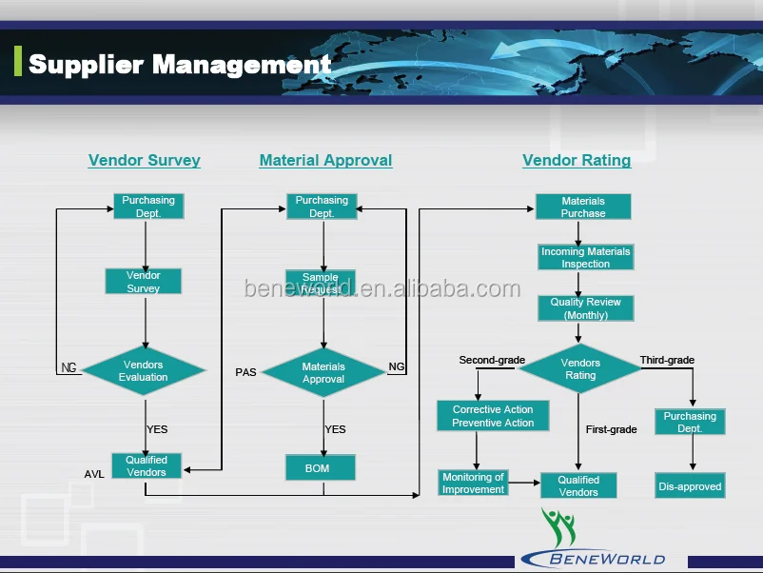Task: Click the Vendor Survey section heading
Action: (144, 160)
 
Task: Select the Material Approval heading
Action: (325, 160)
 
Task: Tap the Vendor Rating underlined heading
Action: (577, 160)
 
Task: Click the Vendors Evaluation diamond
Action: (144, 371)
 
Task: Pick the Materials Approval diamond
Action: (323, 373)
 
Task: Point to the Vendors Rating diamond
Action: (580, 369)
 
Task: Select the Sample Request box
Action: (321, 283)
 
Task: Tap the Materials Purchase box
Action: (582, 207)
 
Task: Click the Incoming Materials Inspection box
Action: (585, 258)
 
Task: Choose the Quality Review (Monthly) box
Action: (585, 308)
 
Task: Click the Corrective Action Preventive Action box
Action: (493, 416)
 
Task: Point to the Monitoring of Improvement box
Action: (473, 483)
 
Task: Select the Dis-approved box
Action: (690, 486)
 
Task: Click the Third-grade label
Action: (667, 360)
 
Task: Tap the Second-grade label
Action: (492, 360)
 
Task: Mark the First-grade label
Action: (611, 429)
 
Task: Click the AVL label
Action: (94, 473)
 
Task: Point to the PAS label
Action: (245, 372)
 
